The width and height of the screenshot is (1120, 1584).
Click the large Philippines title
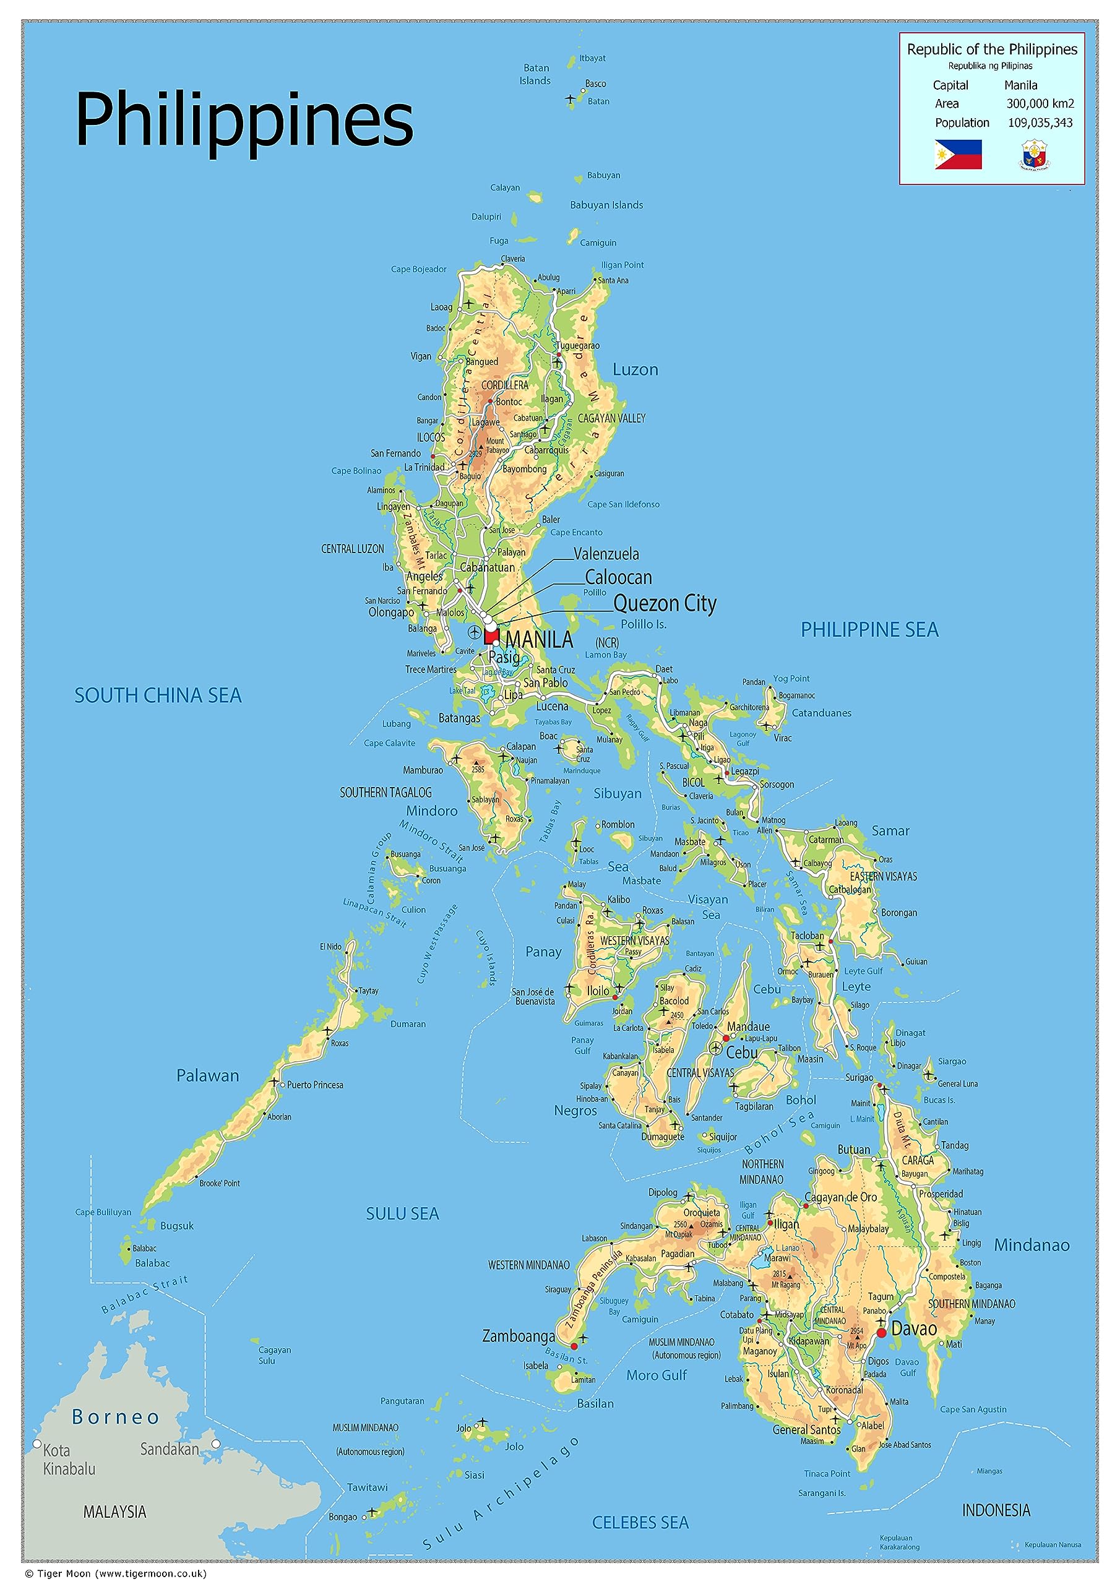[244, 120]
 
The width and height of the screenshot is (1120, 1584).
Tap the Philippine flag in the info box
[958, 154]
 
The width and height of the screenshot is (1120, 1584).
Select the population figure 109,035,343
[1040, 123]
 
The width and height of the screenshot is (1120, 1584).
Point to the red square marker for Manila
[491, 635]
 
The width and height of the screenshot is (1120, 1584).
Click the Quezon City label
[665, 604]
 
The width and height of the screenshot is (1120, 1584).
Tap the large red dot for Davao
[881, 1332]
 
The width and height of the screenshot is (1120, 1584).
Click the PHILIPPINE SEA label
[869, 629]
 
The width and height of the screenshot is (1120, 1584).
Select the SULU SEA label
[402, 1213]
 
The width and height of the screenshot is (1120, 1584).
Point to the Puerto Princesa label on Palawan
[315, 1085]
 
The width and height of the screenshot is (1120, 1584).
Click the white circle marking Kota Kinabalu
[37, 1444]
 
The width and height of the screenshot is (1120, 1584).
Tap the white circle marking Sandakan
[215, 1444]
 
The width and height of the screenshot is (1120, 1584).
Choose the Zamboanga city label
[519, 1336]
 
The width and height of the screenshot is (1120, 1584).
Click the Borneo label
[116, 1417]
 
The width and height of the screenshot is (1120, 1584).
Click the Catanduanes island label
[821, 713]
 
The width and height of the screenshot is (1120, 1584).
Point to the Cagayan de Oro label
[840, 1197]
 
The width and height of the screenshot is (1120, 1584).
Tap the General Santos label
[806, 1429]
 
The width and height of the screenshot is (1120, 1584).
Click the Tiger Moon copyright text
[115, 1573]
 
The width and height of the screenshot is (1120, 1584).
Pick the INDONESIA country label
[996, 1510]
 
